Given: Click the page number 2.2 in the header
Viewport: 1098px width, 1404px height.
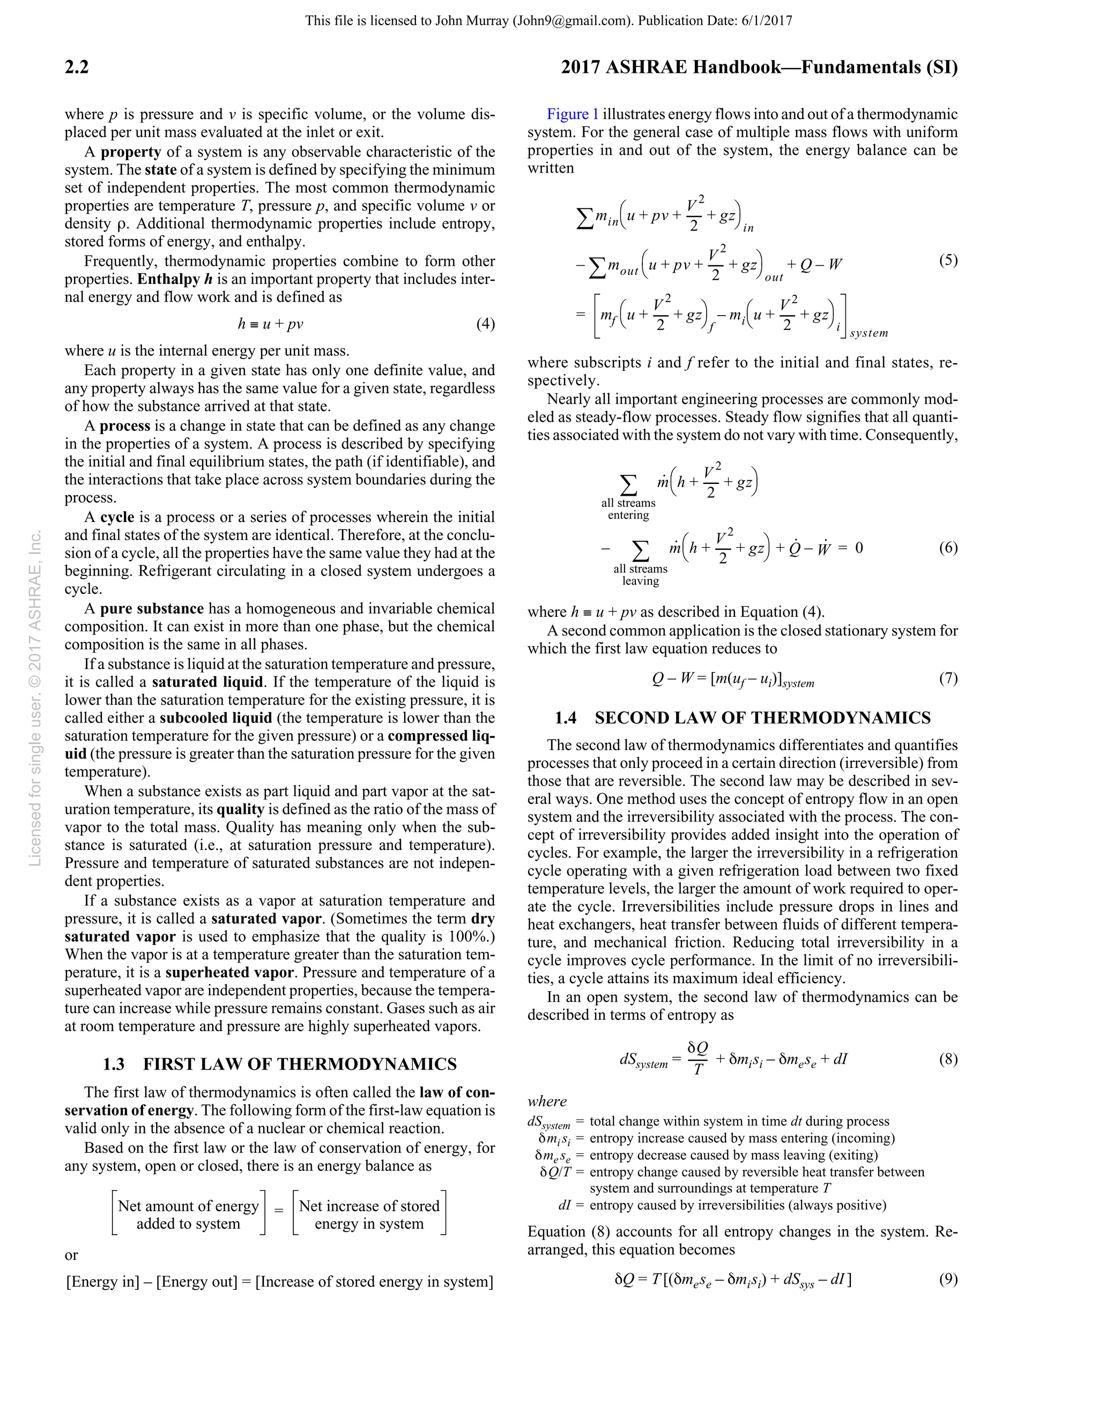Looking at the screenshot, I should (x=77, y=67).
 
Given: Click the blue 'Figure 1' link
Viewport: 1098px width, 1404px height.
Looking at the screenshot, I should (x=573, y=115).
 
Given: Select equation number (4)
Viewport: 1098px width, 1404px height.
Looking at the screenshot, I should (x=485, y=323).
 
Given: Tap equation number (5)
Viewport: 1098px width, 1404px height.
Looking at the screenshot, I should (x=947, y=260).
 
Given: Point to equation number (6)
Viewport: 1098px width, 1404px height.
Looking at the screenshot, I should (x=947, y=548).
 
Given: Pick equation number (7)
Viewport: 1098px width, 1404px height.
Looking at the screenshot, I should (x=947, y=678).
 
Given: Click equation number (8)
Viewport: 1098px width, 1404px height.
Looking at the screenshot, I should (x=947, y=1059).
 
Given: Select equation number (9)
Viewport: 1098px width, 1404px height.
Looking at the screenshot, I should (x=947, y=1279).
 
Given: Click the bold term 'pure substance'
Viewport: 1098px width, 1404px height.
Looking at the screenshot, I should (x=152, y=608).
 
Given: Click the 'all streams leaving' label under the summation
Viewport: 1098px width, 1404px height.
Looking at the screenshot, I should (x=640, y=574).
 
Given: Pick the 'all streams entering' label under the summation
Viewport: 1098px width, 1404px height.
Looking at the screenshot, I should (x=628, y=509).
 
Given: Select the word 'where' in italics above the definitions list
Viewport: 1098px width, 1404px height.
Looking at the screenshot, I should (x=547, y=1101).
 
